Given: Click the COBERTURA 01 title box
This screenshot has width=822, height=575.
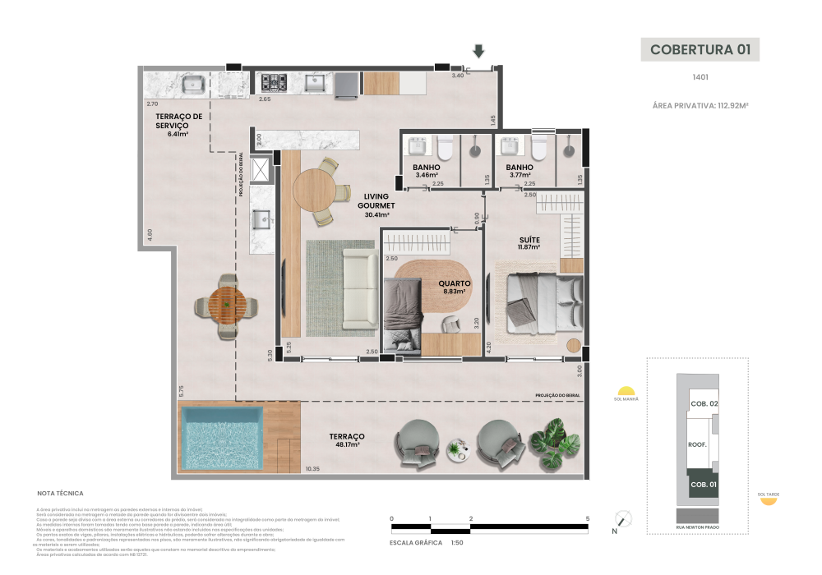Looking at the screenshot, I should point(700,49).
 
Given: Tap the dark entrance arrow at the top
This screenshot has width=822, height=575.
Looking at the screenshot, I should point(478,52).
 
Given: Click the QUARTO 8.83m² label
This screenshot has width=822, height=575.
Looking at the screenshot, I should point(454,286).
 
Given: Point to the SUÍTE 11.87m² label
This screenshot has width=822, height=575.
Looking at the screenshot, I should point(529,242).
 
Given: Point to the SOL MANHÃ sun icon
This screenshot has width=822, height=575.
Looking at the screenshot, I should point(626,391).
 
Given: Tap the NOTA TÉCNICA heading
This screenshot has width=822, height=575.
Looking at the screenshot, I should point(60,494).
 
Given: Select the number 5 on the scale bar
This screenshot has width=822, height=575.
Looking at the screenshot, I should point(588,518).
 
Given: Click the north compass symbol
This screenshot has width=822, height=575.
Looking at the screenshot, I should point(625,519).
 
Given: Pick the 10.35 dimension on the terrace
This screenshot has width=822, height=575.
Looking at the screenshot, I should point(312,469).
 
